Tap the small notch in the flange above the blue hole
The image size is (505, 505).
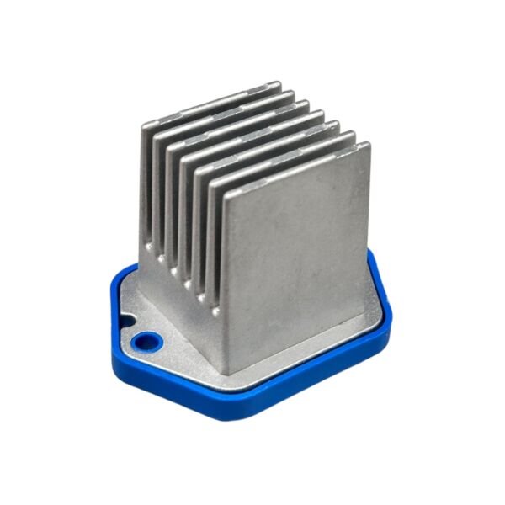pos(128,321)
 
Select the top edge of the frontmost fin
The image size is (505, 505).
pos(295,167)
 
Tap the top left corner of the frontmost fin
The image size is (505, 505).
pos(222,190)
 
